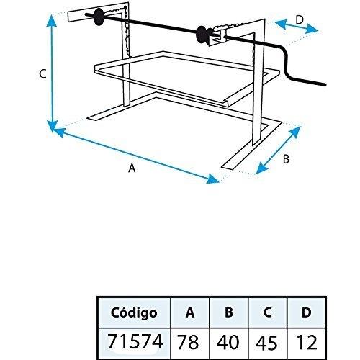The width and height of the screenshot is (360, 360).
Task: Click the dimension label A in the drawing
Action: tap(132, 168)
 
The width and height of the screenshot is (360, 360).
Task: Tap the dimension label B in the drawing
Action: tap(286, 159)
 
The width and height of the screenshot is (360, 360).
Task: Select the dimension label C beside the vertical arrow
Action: tap(42, 73)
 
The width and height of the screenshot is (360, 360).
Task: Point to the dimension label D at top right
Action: tap(300, 19)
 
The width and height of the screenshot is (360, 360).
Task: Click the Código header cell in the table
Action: tap(134, 313)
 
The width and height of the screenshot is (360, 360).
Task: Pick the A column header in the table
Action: tap(190, 312)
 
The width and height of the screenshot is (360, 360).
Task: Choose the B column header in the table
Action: tap(229, 312)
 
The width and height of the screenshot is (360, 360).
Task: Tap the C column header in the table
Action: tap(267, 312)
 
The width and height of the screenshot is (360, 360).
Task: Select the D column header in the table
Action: tap(306, 312)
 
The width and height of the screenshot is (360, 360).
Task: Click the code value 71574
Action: tap(135, 342)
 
